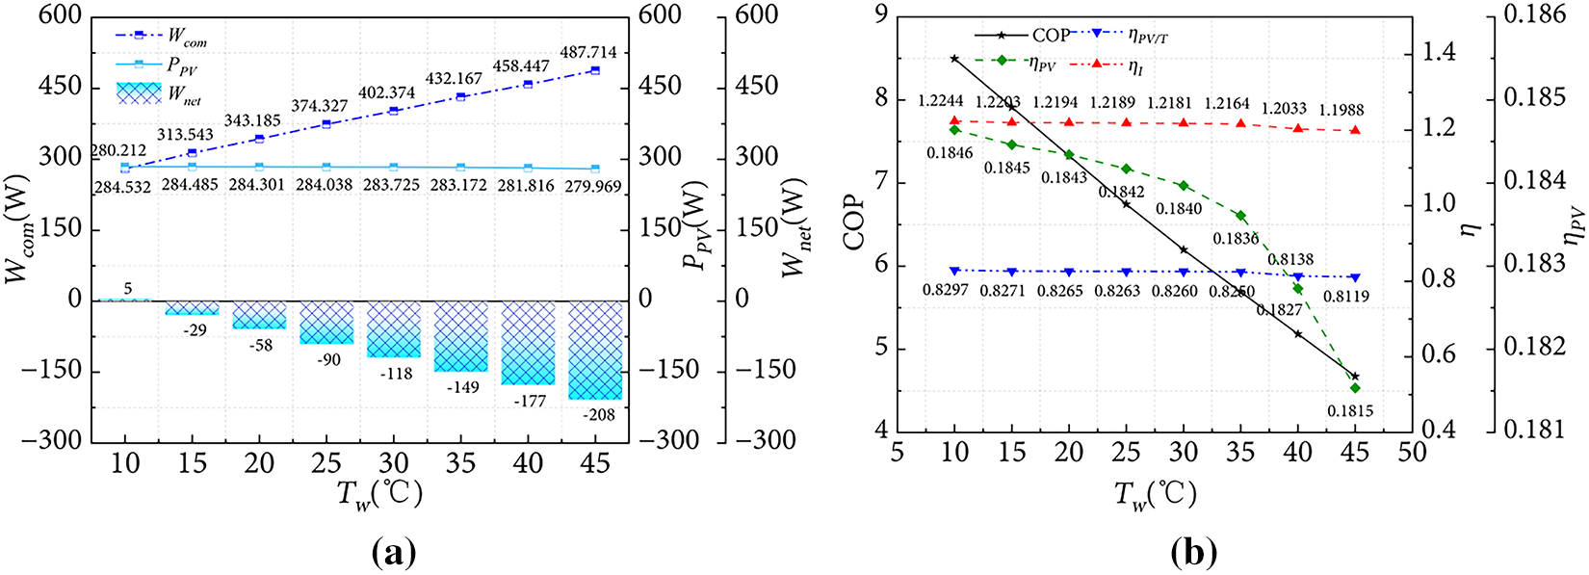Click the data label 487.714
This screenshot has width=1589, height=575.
pos(588,53)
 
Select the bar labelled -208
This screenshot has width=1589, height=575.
pos(595,350)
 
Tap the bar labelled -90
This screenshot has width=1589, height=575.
pos(327,322)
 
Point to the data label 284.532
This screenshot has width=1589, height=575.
pos(122,186)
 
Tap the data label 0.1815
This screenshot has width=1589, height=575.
pos(1350,411)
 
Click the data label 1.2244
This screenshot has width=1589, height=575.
pos(942,101)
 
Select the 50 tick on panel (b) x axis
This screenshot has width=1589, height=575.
pos(1412,452)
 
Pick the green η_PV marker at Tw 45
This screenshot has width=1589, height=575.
pos(1355,388)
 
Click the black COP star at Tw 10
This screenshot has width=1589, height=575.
pos(954,59)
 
